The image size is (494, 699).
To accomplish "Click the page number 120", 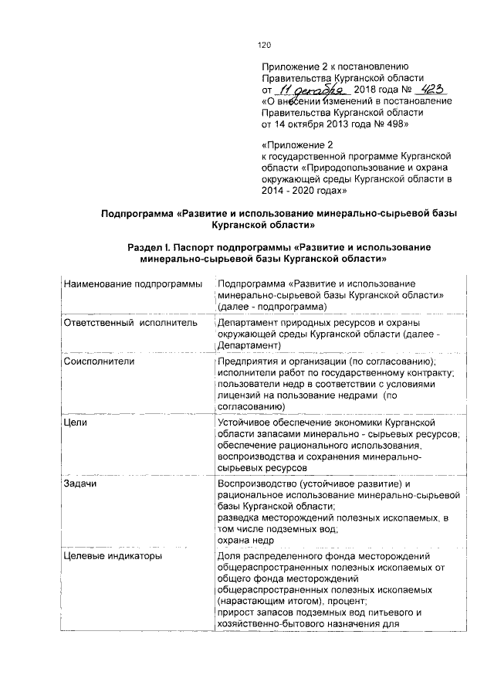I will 266,45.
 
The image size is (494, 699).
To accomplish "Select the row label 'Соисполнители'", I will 100,361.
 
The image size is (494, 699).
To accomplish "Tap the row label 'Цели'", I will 75,424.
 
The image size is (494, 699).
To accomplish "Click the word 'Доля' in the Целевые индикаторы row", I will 230,555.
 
